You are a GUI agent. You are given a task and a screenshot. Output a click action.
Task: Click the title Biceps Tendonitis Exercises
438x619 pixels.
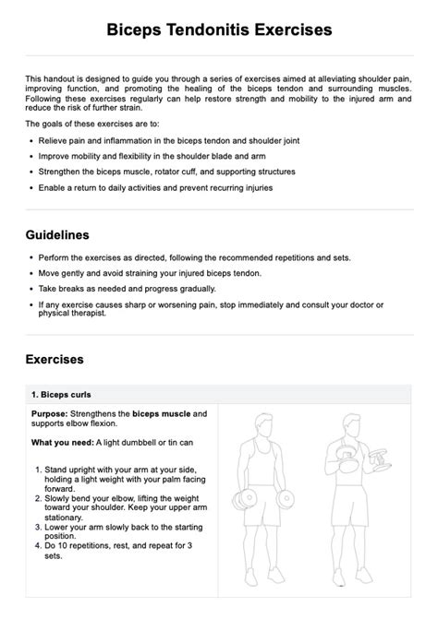click(x=218, y=31)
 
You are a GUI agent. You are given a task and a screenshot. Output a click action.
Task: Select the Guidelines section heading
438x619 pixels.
click(x=57, y=235)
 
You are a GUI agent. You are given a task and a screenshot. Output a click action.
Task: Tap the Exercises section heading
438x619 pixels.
click(x=55, y=359)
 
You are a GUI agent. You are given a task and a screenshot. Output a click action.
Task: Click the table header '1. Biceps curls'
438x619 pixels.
click(x=67, y=394)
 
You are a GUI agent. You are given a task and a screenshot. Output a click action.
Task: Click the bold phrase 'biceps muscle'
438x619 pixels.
click(x=161, y=414)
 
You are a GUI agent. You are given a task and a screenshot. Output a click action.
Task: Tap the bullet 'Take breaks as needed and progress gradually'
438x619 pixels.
click(x=130, y=288)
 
